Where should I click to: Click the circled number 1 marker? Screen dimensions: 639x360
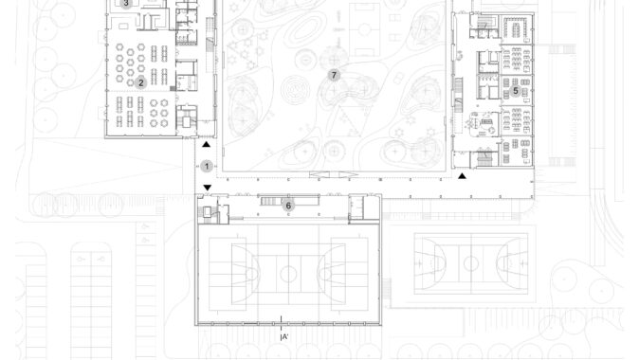207,166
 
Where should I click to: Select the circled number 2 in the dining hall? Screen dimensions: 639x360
141,82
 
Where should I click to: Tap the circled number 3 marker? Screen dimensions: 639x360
126,4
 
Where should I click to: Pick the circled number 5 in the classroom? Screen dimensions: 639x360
516,91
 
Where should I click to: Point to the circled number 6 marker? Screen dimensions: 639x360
288,206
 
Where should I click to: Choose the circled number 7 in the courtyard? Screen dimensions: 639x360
334,75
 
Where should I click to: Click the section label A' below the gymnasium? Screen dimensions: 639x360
284,336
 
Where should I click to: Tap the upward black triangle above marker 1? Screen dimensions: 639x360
207,144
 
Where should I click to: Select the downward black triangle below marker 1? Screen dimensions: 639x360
207,188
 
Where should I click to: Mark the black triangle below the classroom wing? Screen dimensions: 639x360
462,176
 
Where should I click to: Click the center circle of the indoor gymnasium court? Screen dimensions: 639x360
288,274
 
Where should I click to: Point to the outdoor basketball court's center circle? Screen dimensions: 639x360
470,263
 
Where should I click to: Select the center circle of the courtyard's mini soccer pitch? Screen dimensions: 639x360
364,29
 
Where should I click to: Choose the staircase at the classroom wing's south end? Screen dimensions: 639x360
484,158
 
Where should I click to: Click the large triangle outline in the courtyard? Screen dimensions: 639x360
346,121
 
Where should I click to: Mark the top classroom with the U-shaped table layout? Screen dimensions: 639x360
517,28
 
